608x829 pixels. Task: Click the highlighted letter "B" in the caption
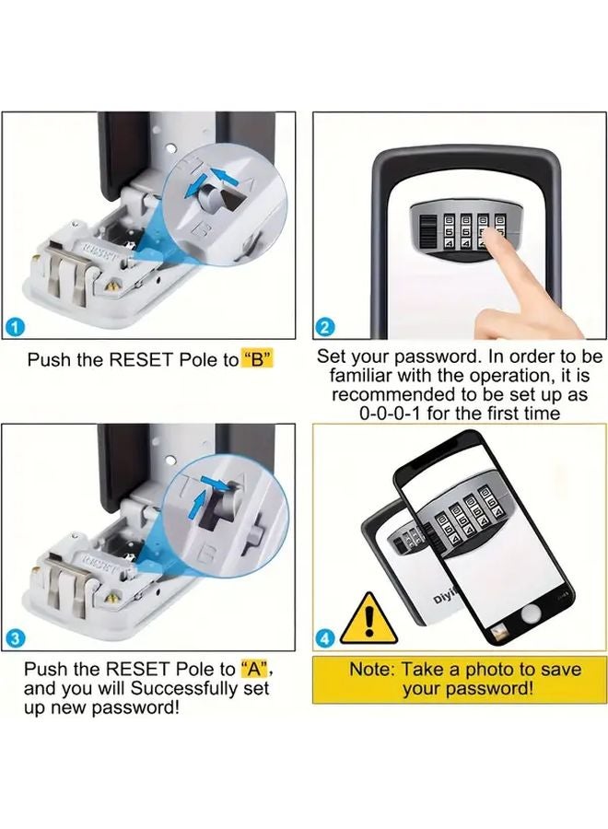259,360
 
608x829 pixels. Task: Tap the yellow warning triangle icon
369,618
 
